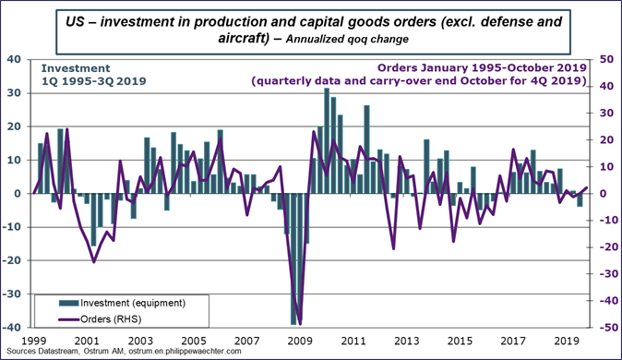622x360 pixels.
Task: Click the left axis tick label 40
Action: click(15, 60)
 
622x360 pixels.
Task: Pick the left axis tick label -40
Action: click(13, 328)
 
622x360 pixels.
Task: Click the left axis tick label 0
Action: click(19, 194)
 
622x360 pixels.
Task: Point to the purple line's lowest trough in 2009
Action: click(300, 324)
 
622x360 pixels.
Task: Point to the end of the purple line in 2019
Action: click(587, 188)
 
